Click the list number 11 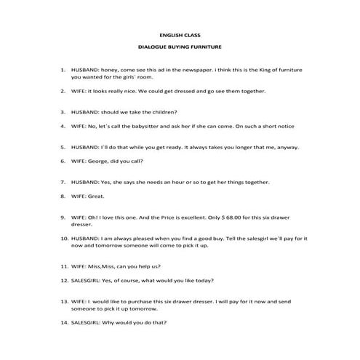click(x=63, y=266)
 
